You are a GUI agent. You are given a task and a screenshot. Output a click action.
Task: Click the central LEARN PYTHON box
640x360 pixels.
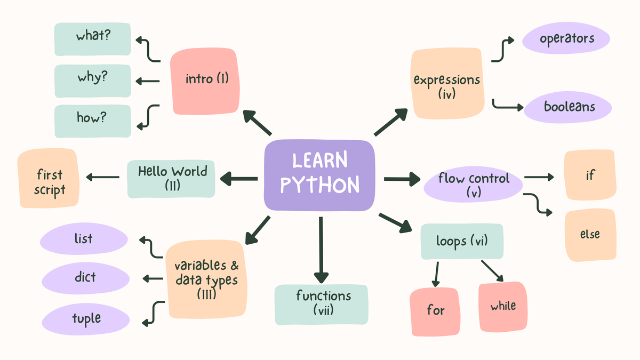(319, 175)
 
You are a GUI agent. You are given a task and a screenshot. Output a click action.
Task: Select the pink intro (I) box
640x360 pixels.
(205, 81)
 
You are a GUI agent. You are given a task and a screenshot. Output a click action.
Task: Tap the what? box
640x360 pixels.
(93, 39)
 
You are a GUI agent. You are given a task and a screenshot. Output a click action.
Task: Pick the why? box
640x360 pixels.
(93, 81)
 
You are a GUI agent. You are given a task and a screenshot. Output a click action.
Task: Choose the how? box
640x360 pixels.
(93, 121)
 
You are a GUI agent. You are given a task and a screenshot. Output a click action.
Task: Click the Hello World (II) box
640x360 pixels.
(171, 179)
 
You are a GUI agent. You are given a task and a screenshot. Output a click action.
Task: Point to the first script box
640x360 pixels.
(49, 178)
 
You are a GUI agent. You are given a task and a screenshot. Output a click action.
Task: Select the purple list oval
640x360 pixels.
(84, 238)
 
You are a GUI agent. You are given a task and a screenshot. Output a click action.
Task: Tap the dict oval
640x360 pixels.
(85, 278)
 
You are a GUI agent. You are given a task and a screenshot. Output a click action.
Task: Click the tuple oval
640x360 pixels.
(86, 319)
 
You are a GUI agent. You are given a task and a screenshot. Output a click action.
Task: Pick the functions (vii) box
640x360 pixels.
(322, 305)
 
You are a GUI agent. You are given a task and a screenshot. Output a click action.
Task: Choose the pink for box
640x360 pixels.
(435, 311)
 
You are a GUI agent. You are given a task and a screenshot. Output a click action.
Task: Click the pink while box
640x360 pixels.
(503, 307)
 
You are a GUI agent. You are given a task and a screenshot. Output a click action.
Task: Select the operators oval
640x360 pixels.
(566, 38)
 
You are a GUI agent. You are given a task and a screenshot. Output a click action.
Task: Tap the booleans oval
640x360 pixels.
(567, 107)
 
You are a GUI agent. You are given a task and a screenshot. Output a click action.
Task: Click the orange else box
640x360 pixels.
(590, 235)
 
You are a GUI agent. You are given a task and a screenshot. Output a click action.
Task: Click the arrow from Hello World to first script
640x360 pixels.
(102, 177)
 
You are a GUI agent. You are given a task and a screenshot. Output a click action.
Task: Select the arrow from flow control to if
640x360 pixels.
(539, 177)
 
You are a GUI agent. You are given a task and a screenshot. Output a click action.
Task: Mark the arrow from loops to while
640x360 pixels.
(492, 271)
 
